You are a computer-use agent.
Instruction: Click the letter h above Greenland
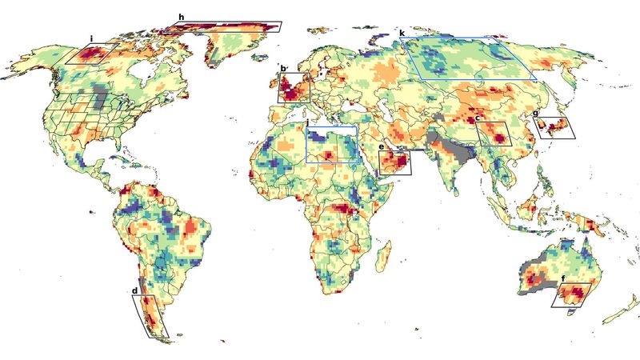(x=182, y=17)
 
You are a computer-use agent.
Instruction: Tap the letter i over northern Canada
(x=92, y=38)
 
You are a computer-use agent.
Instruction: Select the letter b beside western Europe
(x=283, y=69)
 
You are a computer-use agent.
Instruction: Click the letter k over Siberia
(x=402, y=33)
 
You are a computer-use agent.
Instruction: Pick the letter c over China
(x=478, y=118)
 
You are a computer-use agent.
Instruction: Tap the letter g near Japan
(x=535, y=114)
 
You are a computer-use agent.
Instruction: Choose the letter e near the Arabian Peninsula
(x=382, y=147)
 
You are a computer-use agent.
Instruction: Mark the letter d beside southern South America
(x=135, y=290)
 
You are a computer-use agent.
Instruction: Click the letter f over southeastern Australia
(x=564, y=278)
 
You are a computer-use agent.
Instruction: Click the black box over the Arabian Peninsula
(x=394, y=162)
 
